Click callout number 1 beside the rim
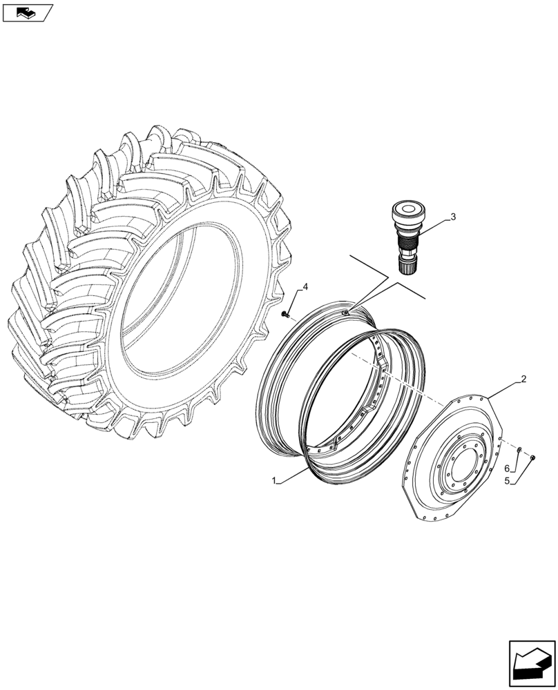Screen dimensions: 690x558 pyautogui.click(x=275, y=482)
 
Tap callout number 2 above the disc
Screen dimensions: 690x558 pyautogui.click(x=523, y=379)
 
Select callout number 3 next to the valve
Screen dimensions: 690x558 pyautogui.click(x=453, y=217)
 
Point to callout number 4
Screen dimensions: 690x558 pyautogui.click(x=305, y=287)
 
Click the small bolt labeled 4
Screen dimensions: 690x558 pyautogui.click(x=285, y=315)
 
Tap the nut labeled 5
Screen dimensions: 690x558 pyautogui.click(x=534, y=457)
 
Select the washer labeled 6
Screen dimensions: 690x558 pyautogui.click(x=519, y=451)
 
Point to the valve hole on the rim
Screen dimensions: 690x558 pyautogui.click(x=345, y=313)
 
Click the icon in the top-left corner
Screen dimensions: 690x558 pyautogui.click(x=27, y=12)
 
